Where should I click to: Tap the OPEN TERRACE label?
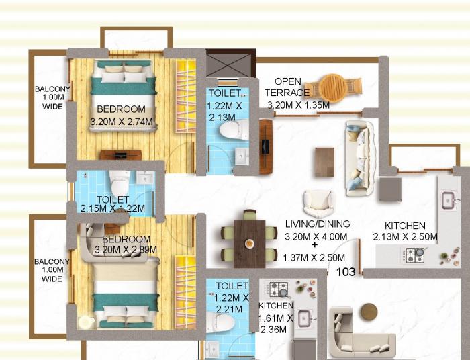point(287,87)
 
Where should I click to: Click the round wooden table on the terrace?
point(333,87)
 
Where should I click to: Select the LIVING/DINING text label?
point(318,224)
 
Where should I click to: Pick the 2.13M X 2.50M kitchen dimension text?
point(405,237)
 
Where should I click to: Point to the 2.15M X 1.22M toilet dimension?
point(112,209)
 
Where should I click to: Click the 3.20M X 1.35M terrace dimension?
point(298,105)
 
